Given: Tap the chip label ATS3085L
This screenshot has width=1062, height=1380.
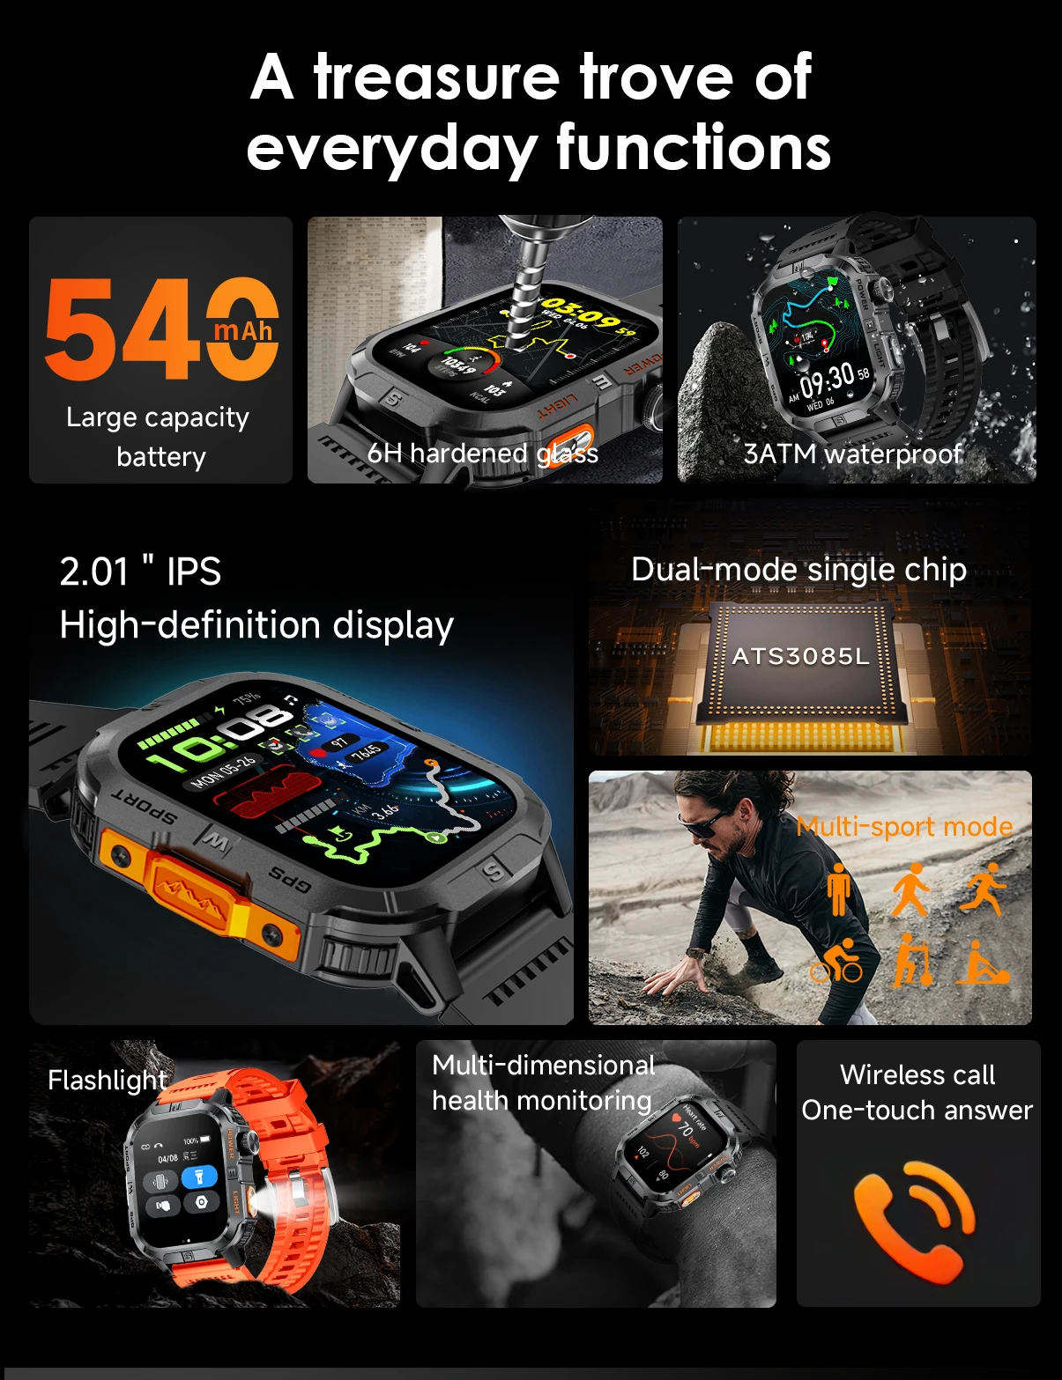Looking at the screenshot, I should (x=800, y=656).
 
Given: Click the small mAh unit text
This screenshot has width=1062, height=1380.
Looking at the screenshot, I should (x=243, y=331).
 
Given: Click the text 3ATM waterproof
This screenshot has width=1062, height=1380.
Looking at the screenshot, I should (x=852, y=454).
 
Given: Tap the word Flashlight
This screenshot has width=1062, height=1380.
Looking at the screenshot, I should (x=107, y=1080).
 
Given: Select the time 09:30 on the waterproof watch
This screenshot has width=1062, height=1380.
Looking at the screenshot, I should (x=827, y=380).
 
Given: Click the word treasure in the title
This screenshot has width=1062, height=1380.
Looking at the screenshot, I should (x=436, y=77).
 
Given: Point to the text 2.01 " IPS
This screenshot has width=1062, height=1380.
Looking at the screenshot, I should (x=140, y=572).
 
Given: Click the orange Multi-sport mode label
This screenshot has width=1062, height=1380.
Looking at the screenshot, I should (x=904, y=826).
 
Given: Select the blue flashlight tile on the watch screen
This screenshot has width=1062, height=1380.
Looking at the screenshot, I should (x=199, y=1177).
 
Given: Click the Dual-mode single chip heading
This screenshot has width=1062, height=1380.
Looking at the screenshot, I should (x=798, y=570).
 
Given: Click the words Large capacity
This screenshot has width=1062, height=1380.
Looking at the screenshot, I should (x=158, y=417).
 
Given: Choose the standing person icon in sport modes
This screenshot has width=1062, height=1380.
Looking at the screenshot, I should (x=838, y=889).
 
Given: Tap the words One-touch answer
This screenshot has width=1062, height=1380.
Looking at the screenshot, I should (x=917, y=1110).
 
